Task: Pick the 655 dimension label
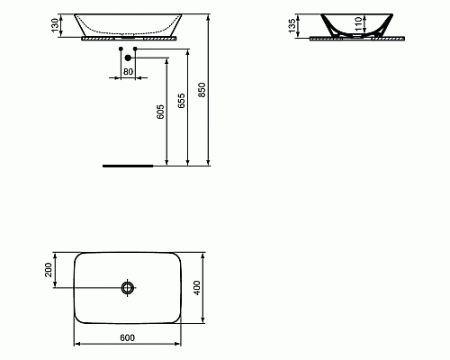pos(182,100)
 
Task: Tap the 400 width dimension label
pos(196,287)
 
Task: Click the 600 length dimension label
pos(127,337)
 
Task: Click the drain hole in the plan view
pos(127,288)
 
